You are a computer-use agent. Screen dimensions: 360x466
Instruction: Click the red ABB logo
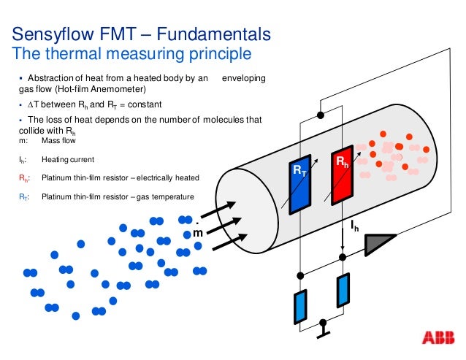coord(437,338)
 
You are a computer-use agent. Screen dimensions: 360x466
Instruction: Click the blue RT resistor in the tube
coord(300,184)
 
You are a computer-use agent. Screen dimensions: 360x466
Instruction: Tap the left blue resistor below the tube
coord(299,306)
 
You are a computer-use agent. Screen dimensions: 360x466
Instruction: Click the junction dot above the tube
coord(319,115)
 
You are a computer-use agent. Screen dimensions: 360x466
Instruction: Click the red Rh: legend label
coord(24,177)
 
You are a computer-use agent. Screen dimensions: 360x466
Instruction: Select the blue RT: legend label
coord(24,196)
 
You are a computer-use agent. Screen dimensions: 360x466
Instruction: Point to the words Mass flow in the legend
coord(59,140)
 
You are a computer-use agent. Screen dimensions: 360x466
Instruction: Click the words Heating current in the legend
coord(68,159)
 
